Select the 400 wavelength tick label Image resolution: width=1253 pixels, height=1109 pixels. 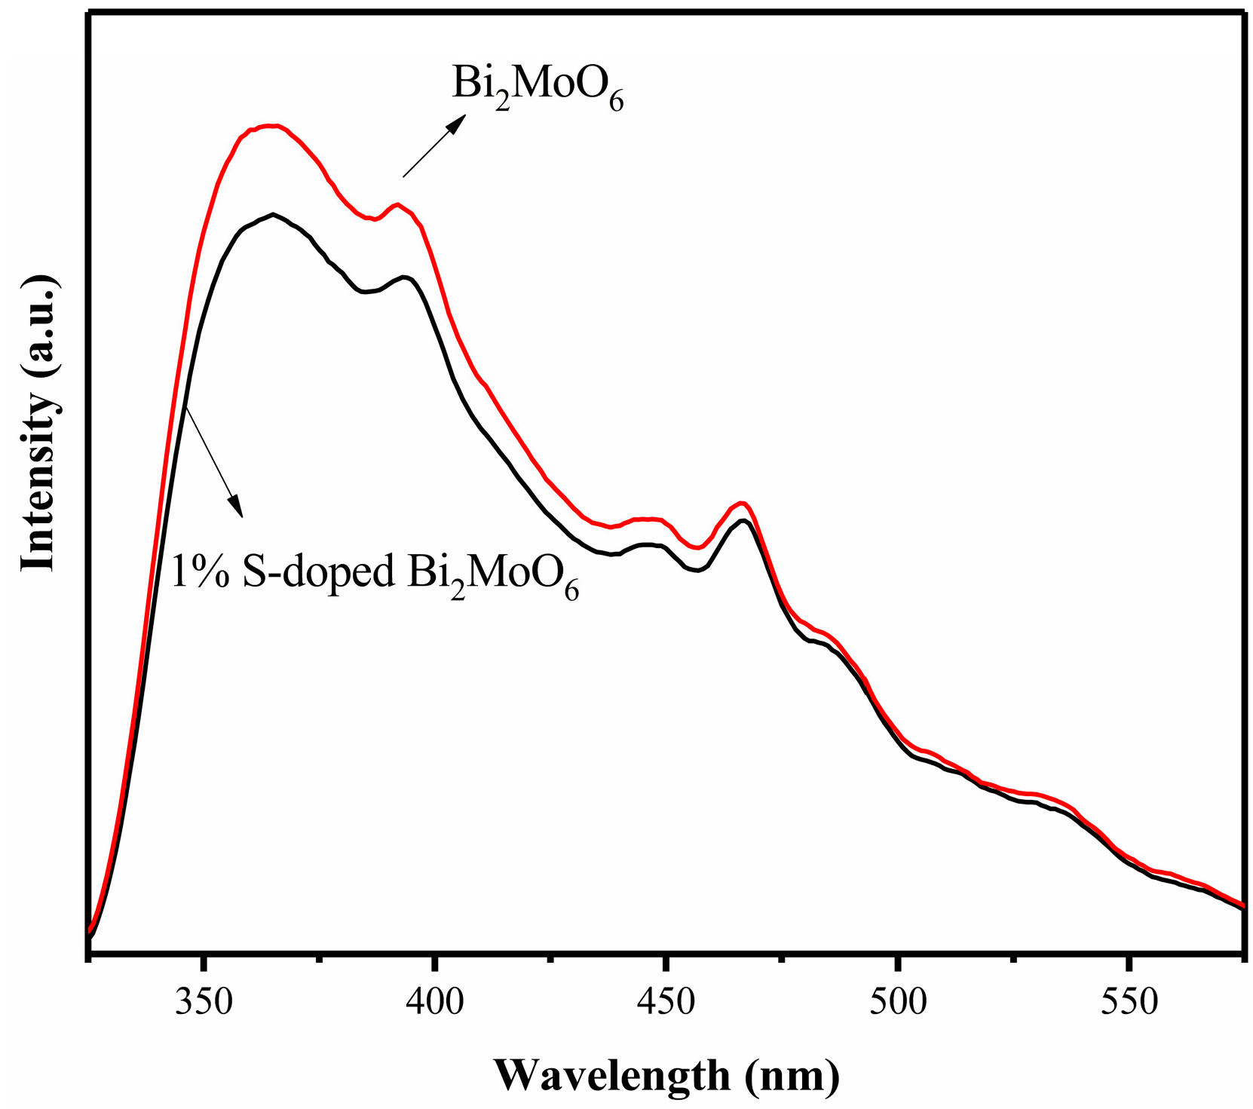435,1003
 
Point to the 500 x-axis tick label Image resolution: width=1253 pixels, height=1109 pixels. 898,1003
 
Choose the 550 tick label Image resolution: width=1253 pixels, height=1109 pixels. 1129,1003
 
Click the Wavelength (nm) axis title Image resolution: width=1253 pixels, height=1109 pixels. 666,1075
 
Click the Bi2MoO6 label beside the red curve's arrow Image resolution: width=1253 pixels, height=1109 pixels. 538,87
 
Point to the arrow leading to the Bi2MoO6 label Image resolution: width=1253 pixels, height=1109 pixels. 433,146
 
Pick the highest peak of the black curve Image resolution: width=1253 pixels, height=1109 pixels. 272,214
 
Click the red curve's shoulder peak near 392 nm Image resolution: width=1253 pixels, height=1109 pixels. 397,204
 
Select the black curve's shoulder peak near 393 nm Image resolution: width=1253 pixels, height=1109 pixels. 406,277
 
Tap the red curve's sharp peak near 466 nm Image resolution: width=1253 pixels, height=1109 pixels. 743,502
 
